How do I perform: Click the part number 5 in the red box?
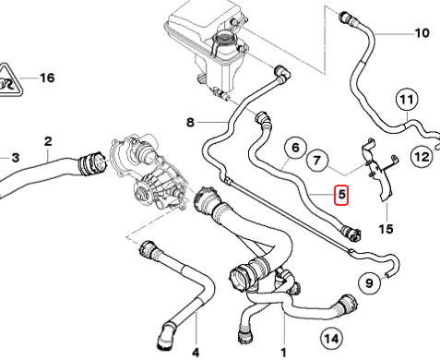341,195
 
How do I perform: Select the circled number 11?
406,100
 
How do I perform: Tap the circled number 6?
295,148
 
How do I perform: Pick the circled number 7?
316,161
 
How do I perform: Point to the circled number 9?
370,282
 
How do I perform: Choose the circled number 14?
332,339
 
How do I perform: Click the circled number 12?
422,157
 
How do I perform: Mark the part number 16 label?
47,78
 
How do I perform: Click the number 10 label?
422,33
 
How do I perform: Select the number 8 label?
191,123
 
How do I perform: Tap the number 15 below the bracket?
386,229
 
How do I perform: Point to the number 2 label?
48,141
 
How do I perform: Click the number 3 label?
16,158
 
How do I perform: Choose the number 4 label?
196,352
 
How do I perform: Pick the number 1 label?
283,353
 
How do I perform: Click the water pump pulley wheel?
142,195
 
